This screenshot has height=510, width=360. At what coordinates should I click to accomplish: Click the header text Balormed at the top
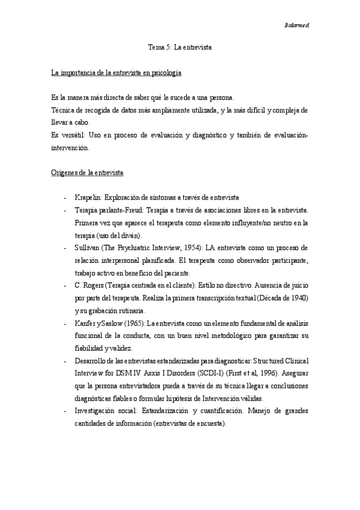pyautogui.click(x=296, y=25)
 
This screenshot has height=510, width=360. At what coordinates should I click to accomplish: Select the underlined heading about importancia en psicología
pyautogui.click(x=117, y=73)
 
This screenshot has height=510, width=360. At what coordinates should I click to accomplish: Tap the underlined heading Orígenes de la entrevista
pyautogui.click(x=88, y=174)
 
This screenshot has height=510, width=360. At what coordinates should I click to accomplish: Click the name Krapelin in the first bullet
pyautogui.click(x=87, y=198)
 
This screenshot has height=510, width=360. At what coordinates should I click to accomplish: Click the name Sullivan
pyautogui.click(x=88, y=248)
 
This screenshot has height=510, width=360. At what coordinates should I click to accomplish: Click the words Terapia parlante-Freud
pyautogui.click(x=111, y=210)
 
